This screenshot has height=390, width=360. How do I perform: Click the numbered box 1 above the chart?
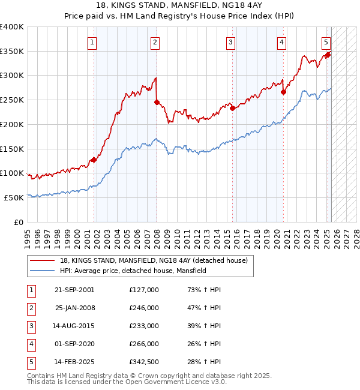[92, 42]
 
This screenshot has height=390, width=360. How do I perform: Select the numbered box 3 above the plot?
[230, 42]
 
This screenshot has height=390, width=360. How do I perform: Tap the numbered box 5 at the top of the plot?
[325, 42]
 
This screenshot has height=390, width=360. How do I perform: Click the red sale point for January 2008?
[157, 102]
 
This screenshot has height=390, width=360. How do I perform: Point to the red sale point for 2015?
[232, 109]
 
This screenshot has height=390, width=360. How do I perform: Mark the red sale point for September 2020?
[283, 92]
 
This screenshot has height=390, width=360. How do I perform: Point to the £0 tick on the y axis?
[19, 222]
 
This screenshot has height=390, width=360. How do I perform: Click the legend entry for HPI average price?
[133, 271]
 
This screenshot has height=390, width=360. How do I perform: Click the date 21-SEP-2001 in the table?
[74, 290]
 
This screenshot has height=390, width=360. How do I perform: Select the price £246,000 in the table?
[143, 308]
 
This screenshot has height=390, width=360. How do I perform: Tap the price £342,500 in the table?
[143, 362]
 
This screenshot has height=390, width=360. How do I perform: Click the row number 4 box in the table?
[30, 344]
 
